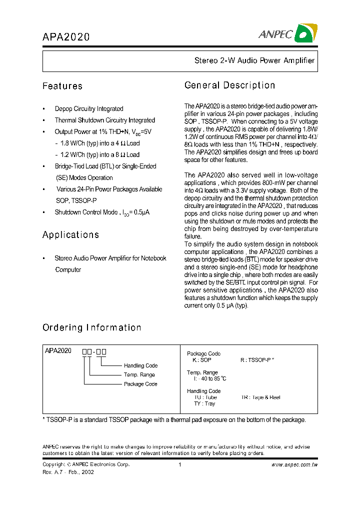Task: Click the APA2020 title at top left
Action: [x=66, y=37]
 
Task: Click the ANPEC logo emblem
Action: [x=304, y=33]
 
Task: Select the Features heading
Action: [x=62, y=86]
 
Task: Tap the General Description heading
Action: [x=229, y=85]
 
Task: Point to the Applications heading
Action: [x=70, y=235]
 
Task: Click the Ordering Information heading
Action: [x=91, y=328]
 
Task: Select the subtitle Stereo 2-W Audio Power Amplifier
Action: [x=254, y=60]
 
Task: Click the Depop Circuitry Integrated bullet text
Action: [x=89, y=108]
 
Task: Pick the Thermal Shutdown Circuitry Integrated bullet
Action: [x=105, y=120]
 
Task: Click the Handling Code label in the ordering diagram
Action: [x=140, y=365]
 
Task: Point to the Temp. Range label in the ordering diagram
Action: [x=139, y=374]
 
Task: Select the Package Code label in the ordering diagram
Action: [x=140, y=384]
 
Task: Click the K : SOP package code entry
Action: [x=202, y=360]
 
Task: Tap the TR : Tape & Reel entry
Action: [x=260, y=397]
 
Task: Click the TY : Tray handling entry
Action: [x=204, y=403]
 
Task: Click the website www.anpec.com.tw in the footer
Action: [x=294, y=465]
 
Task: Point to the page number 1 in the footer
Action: [x=179, y=465]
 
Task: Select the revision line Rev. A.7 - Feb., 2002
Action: [x=68, y=472]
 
